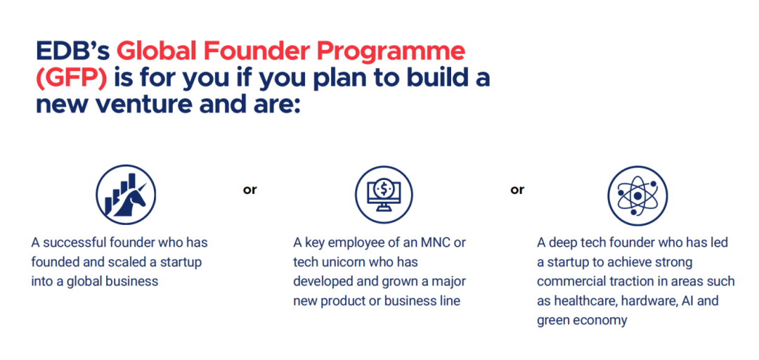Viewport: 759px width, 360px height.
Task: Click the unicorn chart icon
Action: click(126, 195)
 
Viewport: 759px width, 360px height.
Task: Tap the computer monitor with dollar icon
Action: click(384, 195)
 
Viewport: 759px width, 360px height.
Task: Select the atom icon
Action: click(637, 195)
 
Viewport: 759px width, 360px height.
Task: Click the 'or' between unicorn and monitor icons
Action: click(249, 190)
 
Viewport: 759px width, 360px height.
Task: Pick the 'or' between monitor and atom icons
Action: click(517, 190)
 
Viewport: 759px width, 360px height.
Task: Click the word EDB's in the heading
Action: click(72, 51)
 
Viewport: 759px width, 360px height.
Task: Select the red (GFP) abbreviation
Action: click(71, 79)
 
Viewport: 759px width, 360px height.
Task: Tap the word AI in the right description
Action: click(687, 301)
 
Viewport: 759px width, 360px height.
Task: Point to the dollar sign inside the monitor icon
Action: click(384, 188)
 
